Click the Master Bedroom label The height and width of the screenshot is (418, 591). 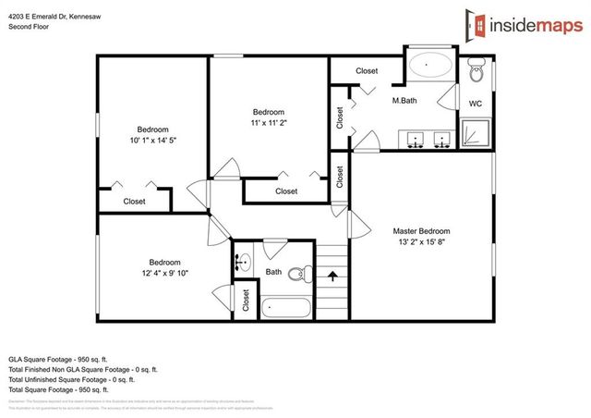coord(420,230)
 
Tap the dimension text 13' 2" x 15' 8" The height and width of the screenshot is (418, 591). coord(420,241)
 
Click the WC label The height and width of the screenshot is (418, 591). coord(476,103)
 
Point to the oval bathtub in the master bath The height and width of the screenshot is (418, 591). coord(430,67)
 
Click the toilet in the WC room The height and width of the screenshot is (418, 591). coord(476,69)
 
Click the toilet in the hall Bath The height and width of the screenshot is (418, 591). coord(298,275)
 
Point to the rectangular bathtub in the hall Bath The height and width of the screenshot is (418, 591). coord(287,307)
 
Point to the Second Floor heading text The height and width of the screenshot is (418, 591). coord(30,27)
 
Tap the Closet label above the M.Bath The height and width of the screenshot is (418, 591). coord(367,71)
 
